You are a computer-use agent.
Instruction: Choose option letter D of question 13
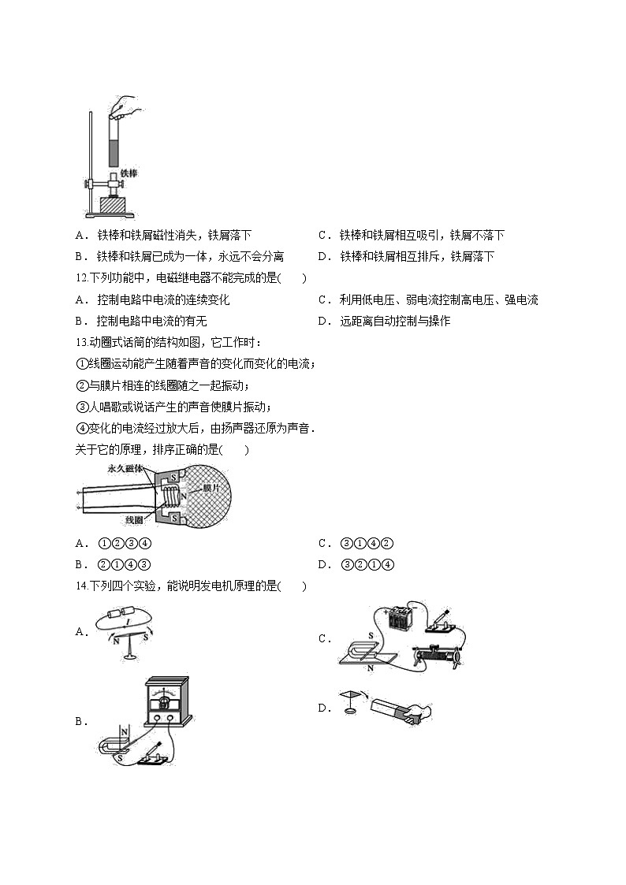[x=322, y=564]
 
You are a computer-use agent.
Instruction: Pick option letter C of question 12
[x=322, y=299]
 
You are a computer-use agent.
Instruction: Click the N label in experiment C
[x=370, y=668]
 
